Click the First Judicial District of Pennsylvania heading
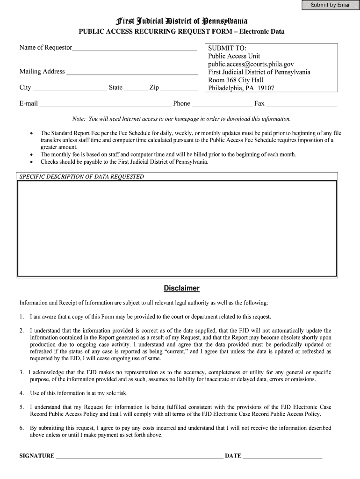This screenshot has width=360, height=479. tap(181, 21)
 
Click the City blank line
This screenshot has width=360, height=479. tap(70, 88)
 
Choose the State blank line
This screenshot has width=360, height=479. tap(136, 88)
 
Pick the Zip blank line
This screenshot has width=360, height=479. tap(179, 88)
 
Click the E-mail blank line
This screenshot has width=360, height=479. tap(105, 104)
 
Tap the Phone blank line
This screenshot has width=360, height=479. tap(222, 104)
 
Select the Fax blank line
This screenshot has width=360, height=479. tap(301, 104)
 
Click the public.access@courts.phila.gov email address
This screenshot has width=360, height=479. tap(251, 64)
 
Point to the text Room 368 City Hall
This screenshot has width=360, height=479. tap(236, 80)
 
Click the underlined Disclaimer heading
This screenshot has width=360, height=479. tap(181, 288)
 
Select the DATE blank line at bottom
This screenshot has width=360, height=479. tap(282, 456)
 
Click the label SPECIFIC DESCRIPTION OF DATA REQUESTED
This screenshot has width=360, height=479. tap(82, 177)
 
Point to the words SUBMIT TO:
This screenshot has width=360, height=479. tap(227, 48)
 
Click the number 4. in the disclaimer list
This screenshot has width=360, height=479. tap(22, 393)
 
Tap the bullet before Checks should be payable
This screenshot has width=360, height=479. tap(31, 162)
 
